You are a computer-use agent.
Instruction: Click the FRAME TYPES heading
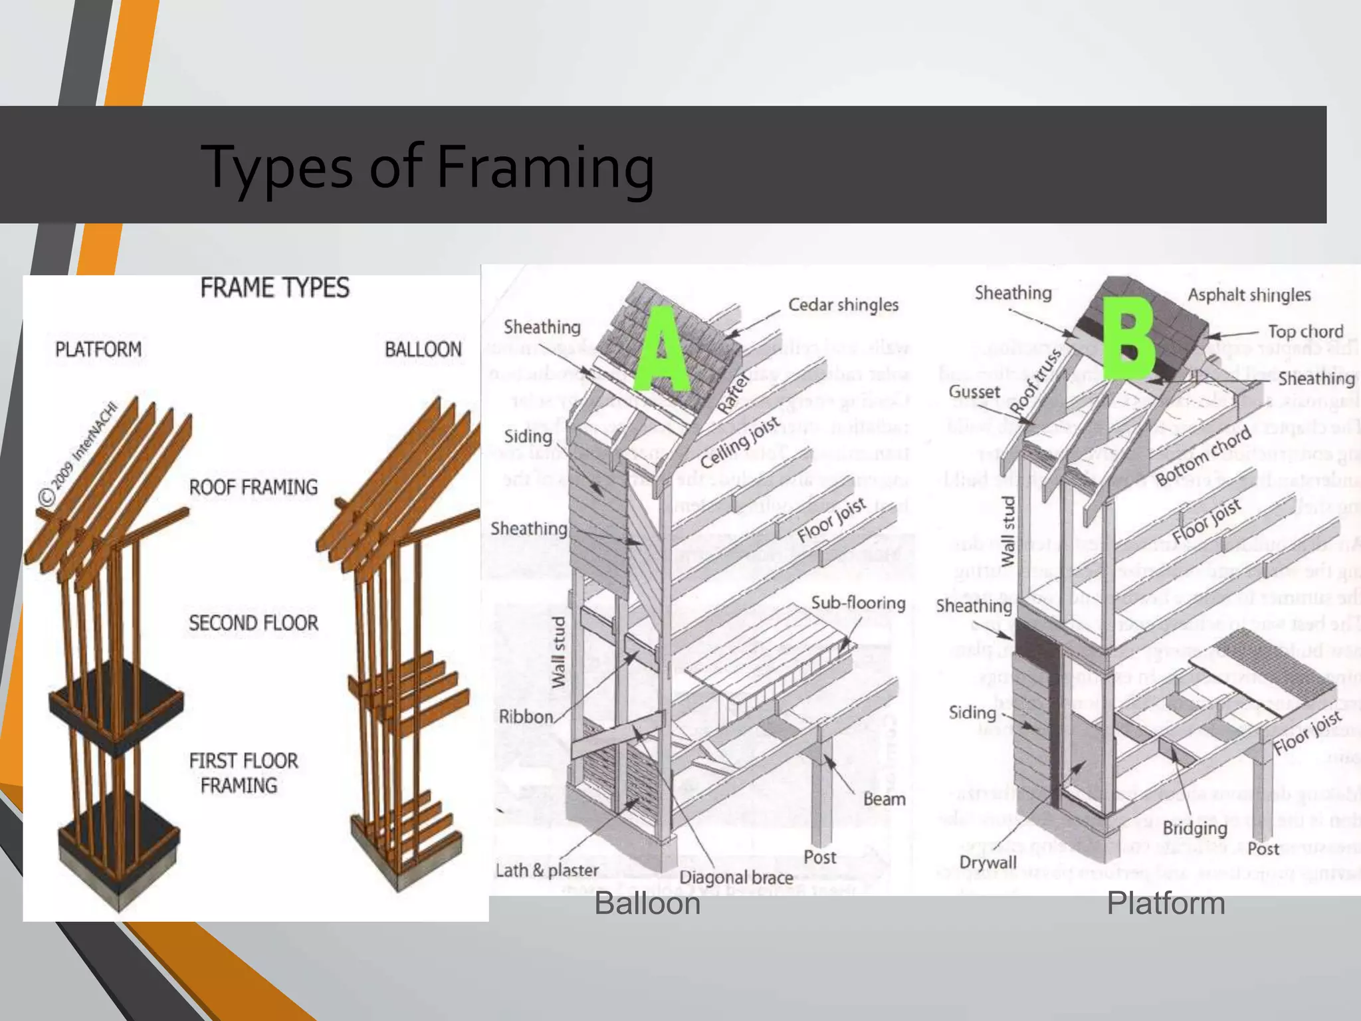(274, 288)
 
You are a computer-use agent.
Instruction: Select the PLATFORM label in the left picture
(98, 350)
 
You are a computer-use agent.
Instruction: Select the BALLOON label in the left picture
(423, 350)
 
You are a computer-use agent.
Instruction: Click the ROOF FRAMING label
(253, 487)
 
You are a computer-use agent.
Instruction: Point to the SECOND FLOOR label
(253, 624)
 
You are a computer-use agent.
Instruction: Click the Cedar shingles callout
(843, 305)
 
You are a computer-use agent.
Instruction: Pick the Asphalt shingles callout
(1249, 295)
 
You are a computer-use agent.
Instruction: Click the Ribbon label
(526, 717)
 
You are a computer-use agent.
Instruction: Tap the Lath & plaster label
(547, 870)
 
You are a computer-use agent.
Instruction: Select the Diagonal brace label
(736, 877)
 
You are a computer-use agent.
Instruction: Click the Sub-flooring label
(858, 603)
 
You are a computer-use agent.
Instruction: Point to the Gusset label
(974, 392)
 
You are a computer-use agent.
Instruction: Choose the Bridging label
(1194, 828)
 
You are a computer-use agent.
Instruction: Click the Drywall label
(988, 862)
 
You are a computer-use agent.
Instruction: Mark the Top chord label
(1305, 331)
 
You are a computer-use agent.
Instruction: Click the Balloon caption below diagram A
(647, 904)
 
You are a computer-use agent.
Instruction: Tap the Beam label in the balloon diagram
(884, 799)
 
